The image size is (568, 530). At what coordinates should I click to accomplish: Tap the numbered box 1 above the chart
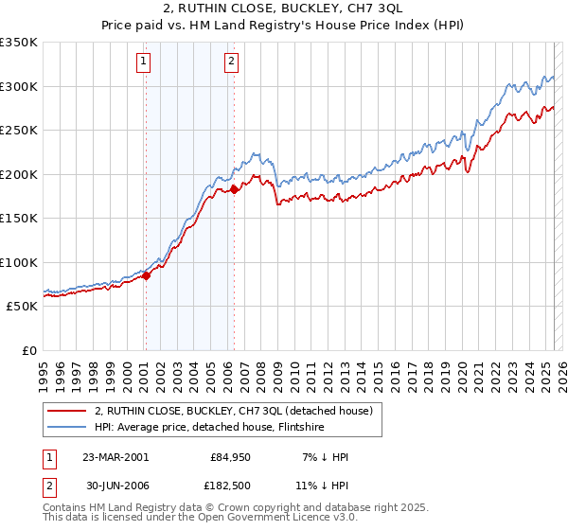pos(144,62)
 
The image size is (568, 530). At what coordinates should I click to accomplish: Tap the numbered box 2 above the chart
pos(231,62)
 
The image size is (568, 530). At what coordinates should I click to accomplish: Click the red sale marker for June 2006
pos(235,190)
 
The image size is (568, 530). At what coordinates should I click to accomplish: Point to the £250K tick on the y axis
pos(19,131)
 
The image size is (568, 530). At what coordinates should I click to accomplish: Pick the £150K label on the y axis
pos(19,219)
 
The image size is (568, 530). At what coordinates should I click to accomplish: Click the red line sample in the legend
pos(68,411)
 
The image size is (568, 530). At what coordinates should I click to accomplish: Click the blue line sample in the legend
pos(68,427)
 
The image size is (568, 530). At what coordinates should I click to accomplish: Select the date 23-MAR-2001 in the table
pos(115,456)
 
